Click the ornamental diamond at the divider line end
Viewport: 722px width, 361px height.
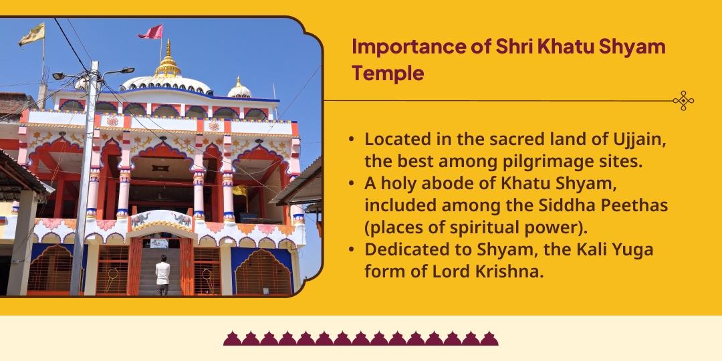point(683,101)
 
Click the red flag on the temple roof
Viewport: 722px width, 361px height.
point(151,31)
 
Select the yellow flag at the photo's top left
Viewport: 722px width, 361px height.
point(31,35)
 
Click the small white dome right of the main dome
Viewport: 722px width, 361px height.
point(239,90)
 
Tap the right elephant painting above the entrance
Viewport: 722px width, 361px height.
point(183,219)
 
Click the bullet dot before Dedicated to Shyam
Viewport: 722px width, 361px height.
point(352,250)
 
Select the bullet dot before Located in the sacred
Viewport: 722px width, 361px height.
point(352,141)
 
